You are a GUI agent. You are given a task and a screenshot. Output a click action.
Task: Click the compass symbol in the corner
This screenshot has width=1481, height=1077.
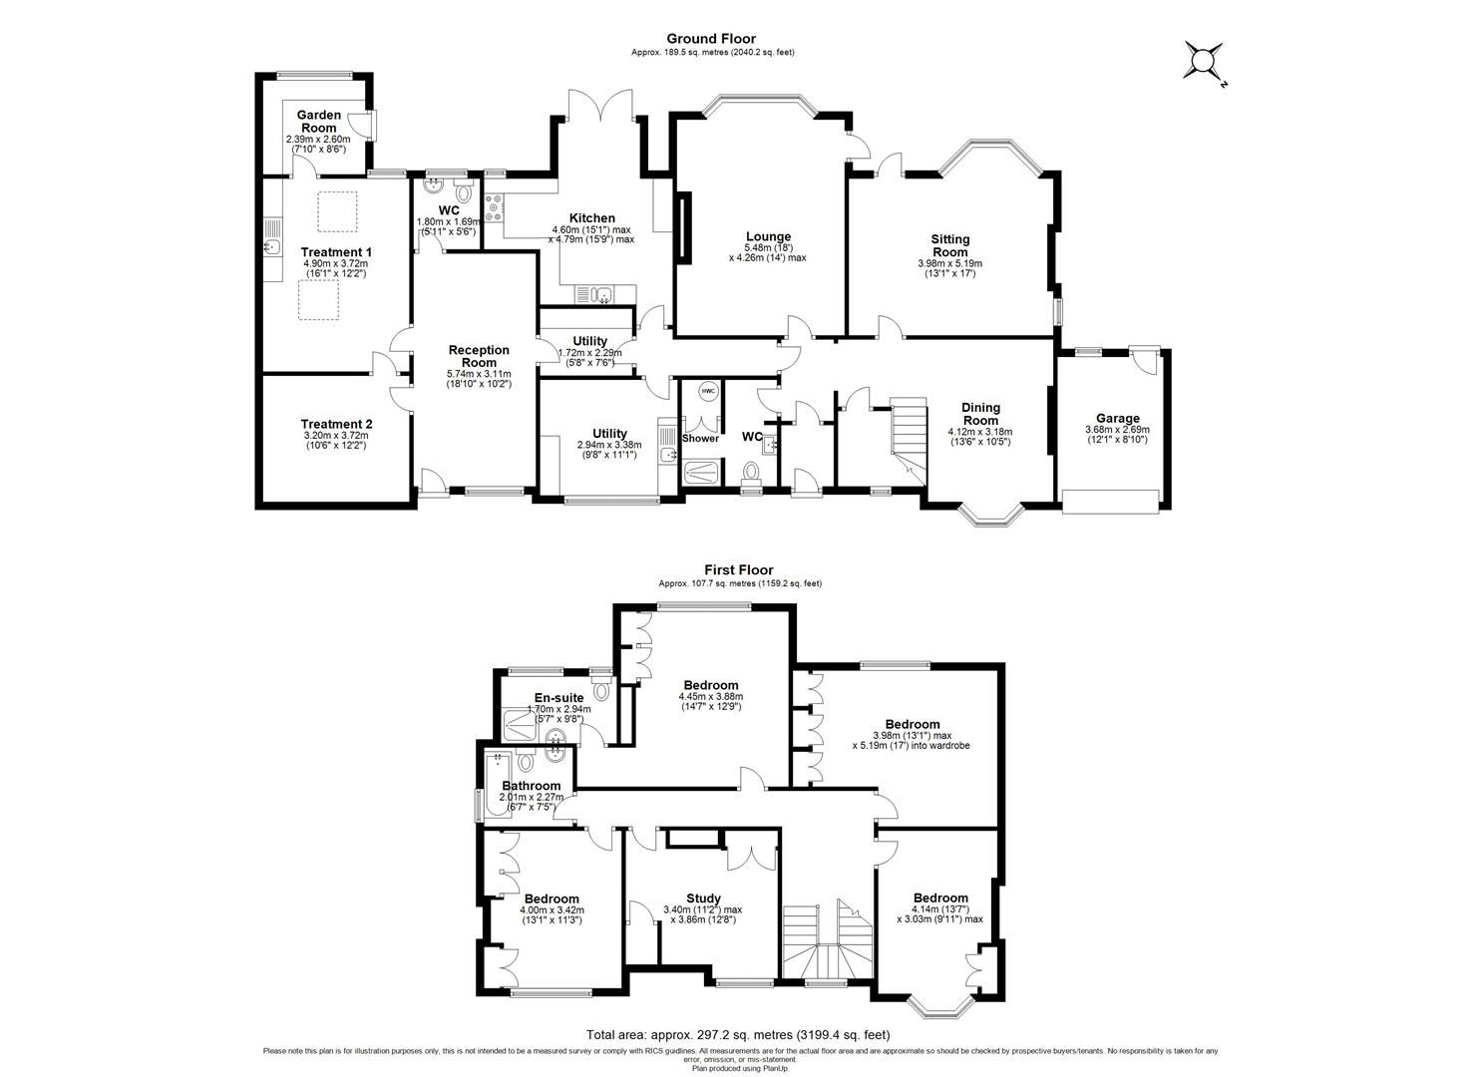(x=1203, y=62)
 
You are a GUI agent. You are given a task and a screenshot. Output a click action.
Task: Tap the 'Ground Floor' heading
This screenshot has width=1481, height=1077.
(x=712, y=40)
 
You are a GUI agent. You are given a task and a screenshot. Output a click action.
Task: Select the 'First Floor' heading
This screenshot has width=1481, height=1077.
(x=739, y=570)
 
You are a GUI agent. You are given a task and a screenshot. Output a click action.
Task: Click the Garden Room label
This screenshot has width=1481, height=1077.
(x=318, y=121)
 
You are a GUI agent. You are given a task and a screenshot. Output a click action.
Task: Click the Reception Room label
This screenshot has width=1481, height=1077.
(x=479, y=356)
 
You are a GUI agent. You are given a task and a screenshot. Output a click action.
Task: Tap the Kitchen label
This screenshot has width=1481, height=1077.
(x=591, y=218)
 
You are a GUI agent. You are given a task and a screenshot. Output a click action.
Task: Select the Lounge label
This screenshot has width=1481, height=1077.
(x=767, y=236)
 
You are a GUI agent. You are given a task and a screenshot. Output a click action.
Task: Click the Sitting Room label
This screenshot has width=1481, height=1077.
(x=949, y=245)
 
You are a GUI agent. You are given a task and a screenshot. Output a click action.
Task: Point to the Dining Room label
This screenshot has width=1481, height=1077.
(x=980, y=413)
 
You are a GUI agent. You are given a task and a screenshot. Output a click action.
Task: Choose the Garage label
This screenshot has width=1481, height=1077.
(x=1117, y=419)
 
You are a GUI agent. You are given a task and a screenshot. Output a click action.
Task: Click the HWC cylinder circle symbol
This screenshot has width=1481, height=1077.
(x=708, y=391)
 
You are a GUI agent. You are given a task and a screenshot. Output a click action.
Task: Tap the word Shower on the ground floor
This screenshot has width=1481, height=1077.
(x=700, y=438)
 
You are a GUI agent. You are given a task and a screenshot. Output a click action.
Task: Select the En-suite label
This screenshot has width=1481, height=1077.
(x=559, y=697)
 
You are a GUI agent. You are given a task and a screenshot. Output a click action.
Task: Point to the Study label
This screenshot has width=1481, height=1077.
(x=703, y=898)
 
